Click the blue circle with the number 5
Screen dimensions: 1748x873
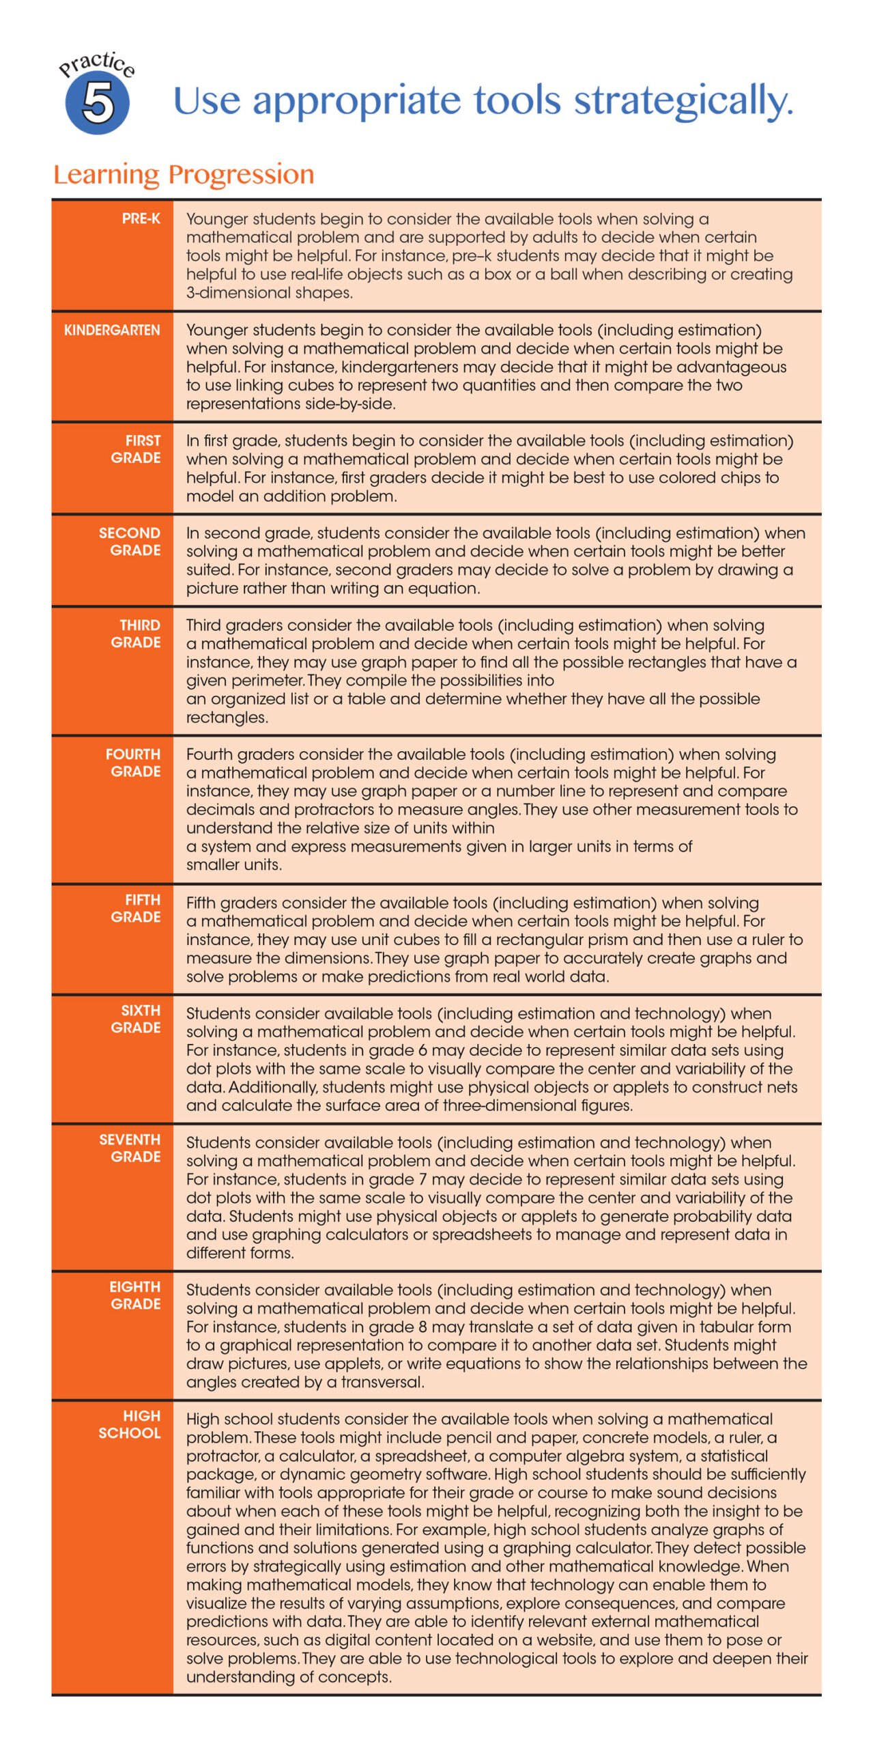tap(98, 103)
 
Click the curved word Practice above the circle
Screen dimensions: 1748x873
tap(97, 64)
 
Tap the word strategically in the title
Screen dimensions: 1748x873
tap(683, 101)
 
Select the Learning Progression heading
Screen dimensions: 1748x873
tap(184, 174)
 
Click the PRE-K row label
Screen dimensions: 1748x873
tap(141, 218)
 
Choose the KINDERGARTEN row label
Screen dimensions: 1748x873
tap(112, 330)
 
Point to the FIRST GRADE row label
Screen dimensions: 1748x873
tap(137, 449)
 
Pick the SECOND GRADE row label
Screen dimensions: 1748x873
tap(130, 541)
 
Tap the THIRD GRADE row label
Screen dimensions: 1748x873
tap(137, 634)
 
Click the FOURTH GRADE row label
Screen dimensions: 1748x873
tap(134, 763)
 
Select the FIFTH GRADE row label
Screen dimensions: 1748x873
tap(137, 908)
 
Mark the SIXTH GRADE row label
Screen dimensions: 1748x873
tap(137, 1019)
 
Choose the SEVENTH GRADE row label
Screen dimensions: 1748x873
tap(130, 1148)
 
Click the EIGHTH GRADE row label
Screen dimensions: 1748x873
tap(135, 1295)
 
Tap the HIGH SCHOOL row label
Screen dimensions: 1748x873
tap(130, 1424)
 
